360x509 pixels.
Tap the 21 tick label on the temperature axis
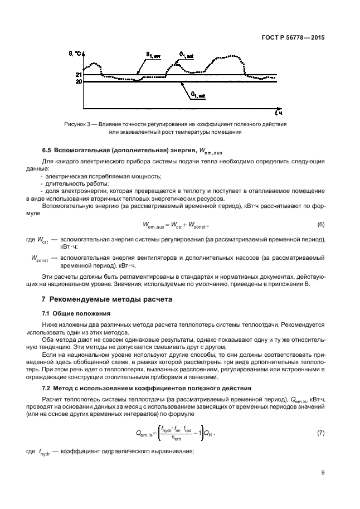click(79, 75)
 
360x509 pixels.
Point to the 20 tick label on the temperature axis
click(79, 82)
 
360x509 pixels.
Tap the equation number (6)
click(320, 224)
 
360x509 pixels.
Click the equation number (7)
click(320, 433)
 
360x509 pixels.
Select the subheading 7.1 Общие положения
click(74, 313)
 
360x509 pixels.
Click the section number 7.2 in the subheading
click(48, 387)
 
